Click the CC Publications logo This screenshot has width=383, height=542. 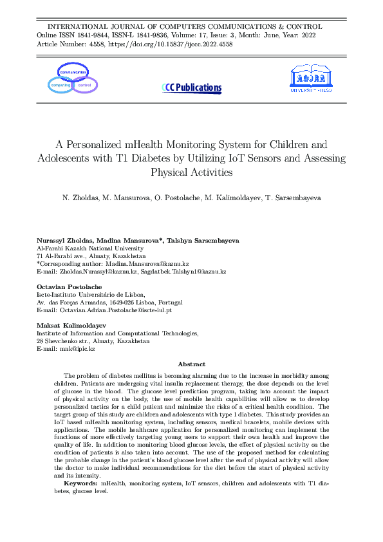pyautogui.click(x=192, y=88)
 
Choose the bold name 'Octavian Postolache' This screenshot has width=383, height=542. pyautogui.click(x=68, y=286)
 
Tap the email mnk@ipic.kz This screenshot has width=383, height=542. pyautogui.click(x=75, y=348)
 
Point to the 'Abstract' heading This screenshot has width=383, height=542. pyautogui.click(x=191, y=364)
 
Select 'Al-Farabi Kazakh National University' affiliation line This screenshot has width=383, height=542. pyautogui.click(x=90, y=248)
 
